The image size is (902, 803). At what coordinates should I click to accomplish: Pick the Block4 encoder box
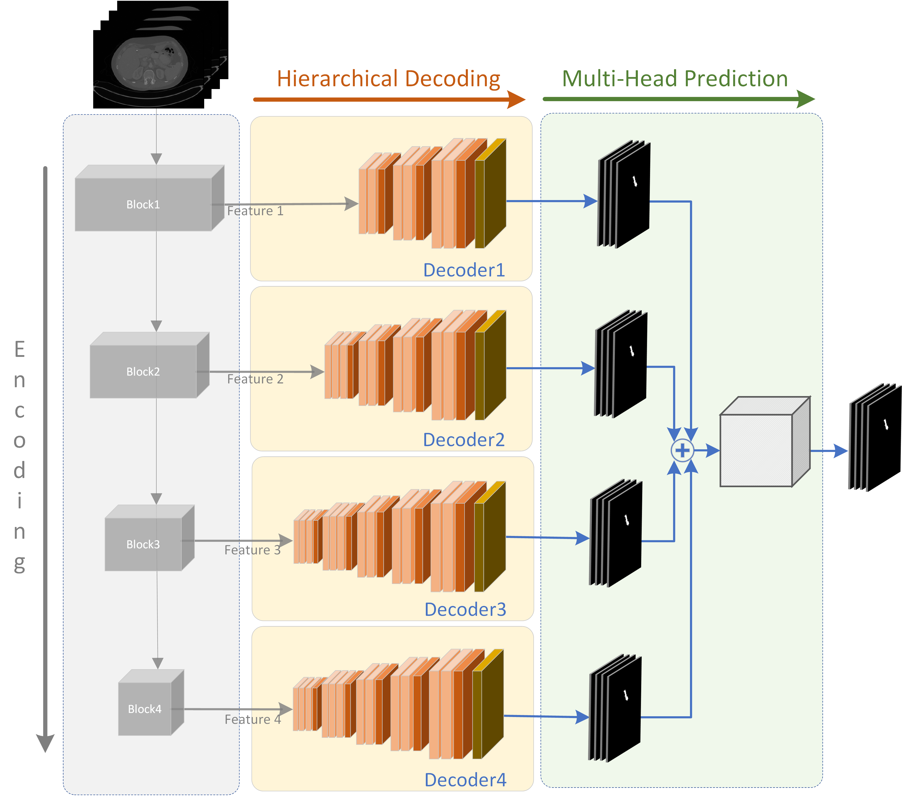tap(145, 709)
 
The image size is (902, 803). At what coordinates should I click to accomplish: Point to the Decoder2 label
tap(463, 440)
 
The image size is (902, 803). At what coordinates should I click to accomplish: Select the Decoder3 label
tap(465, 609)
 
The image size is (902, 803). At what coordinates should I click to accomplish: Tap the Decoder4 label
tap(465, 780)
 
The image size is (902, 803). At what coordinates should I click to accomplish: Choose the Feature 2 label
tap(255, 379)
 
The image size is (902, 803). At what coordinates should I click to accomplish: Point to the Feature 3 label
tap(253, 550)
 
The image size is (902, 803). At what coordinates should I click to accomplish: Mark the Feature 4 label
tap(253, 720)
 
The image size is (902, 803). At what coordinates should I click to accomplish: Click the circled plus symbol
tap(682, 450)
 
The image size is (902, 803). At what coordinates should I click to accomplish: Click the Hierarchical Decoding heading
tap(388, 79)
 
